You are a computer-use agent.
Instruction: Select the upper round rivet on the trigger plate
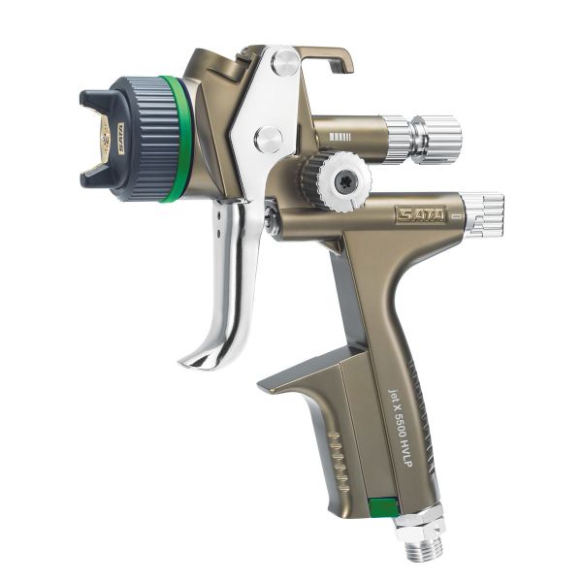tap(284, 64)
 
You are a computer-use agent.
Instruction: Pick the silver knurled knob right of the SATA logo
tap(481, 213)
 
